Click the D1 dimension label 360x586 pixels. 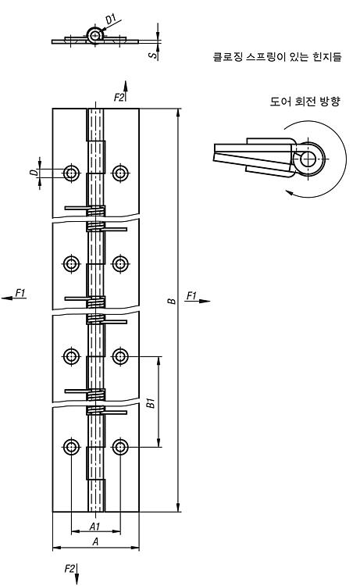112,19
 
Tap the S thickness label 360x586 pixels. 153,55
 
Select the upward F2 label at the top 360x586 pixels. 119,98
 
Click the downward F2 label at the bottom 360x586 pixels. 70,569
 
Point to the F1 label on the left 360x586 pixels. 20,293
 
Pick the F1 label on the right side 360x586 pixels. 191,296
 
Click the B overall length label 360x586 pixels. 172,300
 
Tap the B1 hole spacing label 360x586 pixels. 151,403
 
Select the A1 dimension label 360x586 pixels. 94,526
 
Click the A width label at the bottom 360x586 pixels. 95,541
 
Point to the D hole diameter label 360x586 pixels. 34,173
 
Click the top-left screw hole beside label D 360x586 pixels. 71,173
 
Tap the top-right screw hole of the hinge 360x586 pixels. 120,173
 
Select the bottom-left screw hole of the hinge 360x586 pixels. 71,447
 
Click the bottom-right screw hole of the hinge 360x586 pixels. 120,447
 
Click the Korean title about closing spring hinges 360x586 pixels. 277,57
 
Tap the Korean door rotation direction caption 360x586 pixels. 305,102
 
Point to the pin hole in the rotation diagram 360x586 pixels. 308,159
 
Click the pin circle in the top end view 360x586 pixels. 95,35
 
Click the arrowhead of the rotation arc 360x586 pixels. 289,192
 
